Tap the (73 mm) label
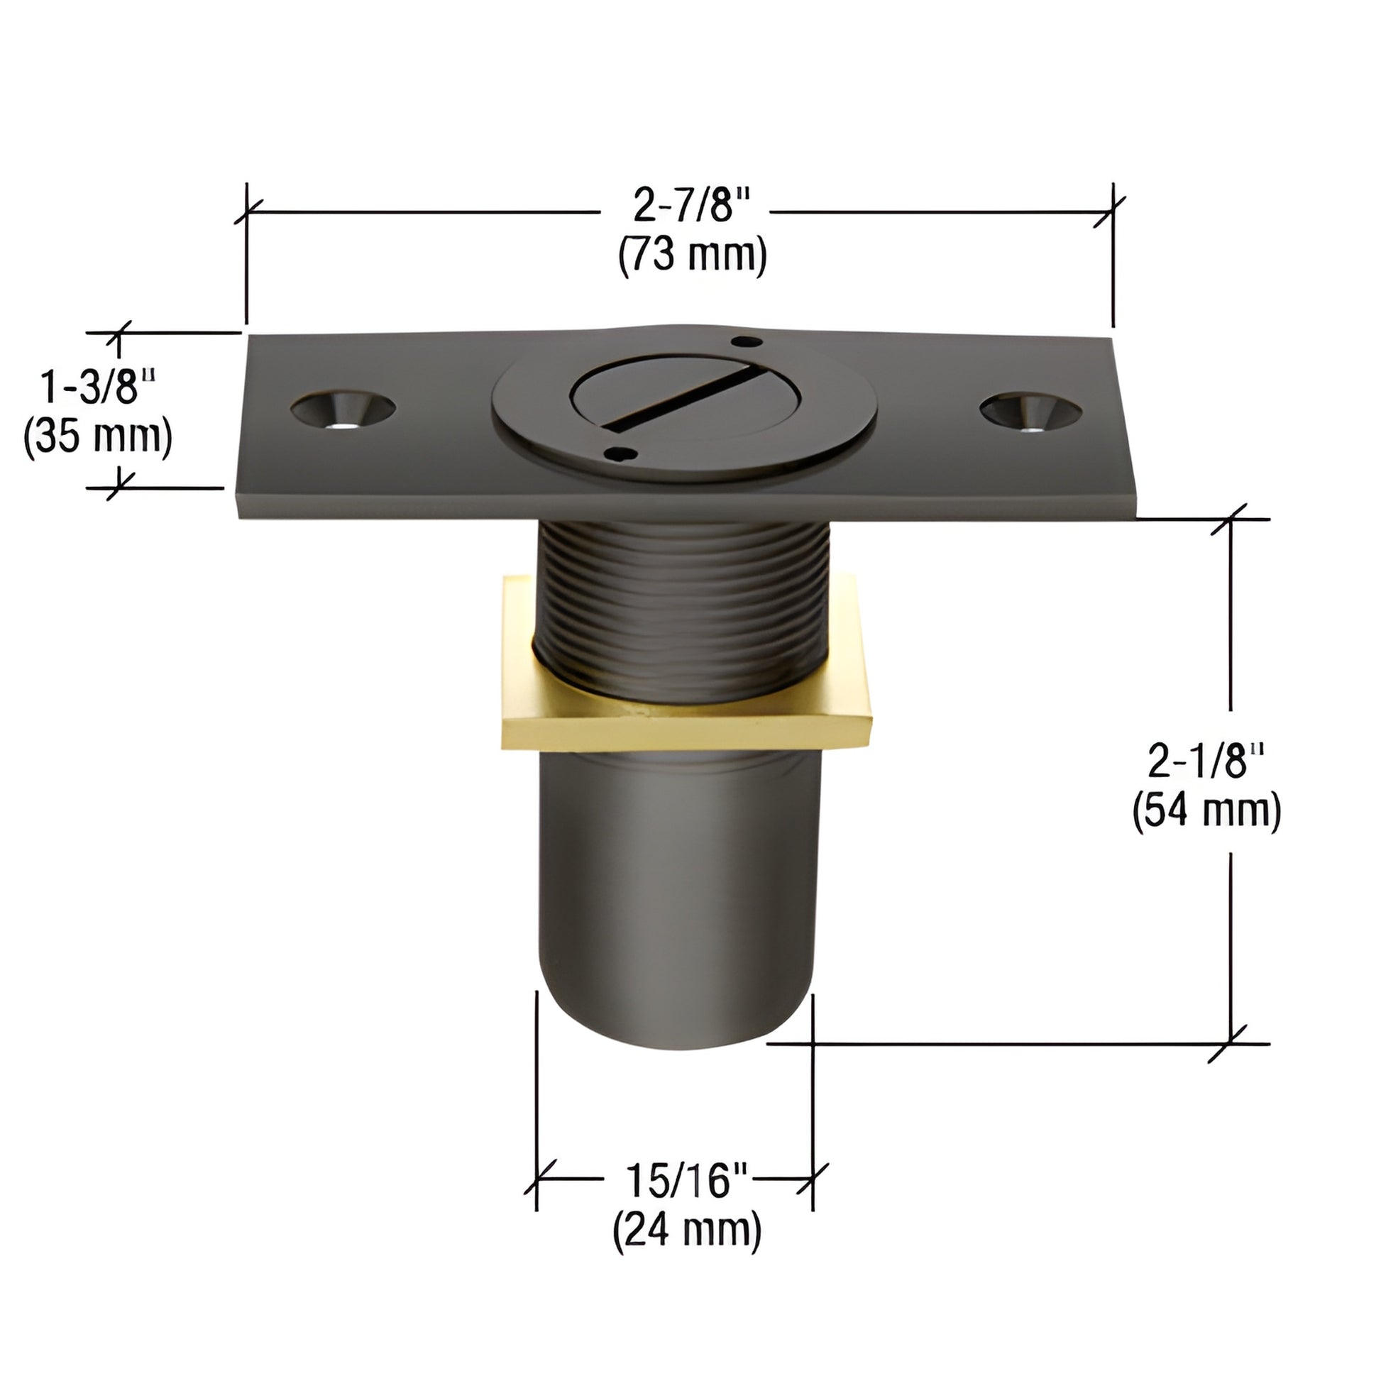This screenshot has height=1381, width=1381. tap(692, 255)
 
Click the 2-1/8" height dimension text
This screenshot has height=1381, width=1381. tap(1206, 761)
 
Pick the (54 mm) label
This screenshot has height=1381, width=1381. tap(1206, 811)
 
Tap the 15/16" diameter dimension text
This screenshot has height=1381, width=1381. tap(686, 1181)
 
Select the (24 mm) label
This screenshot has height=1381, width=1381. tap(686, 1229)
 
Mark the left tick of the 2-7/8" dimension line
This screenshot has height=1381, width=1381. tap(247, 212)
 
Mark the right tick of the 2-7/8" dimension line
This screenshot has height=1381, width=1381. tap(1112, 212)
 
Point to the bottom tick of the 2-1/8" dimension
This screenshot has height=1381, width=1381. tap(1230, 1044)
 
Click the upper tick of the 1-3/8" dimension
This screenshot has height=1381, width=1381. tap(118, 332)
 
